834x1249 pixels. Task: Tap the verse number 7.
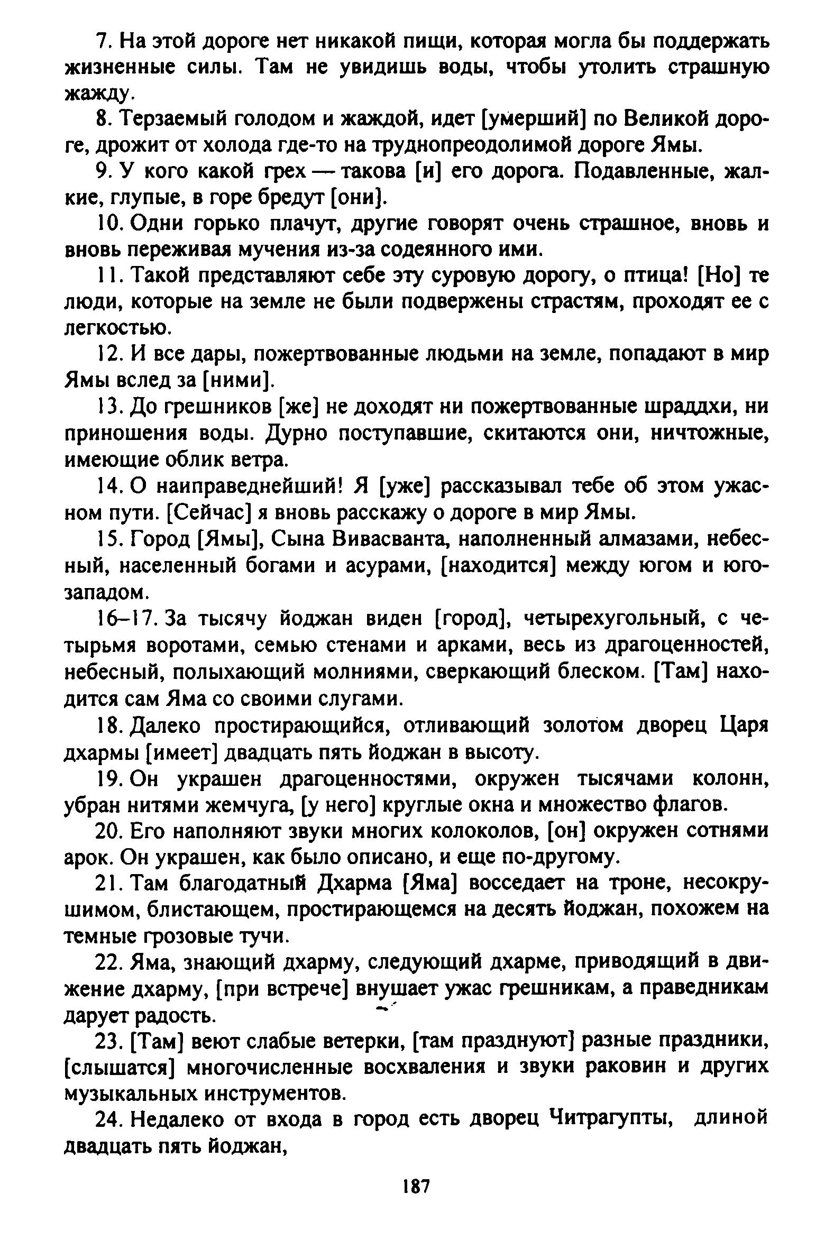[x=102, y=41]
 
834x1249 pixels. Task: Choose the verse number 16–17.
[x=124, y=618]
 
